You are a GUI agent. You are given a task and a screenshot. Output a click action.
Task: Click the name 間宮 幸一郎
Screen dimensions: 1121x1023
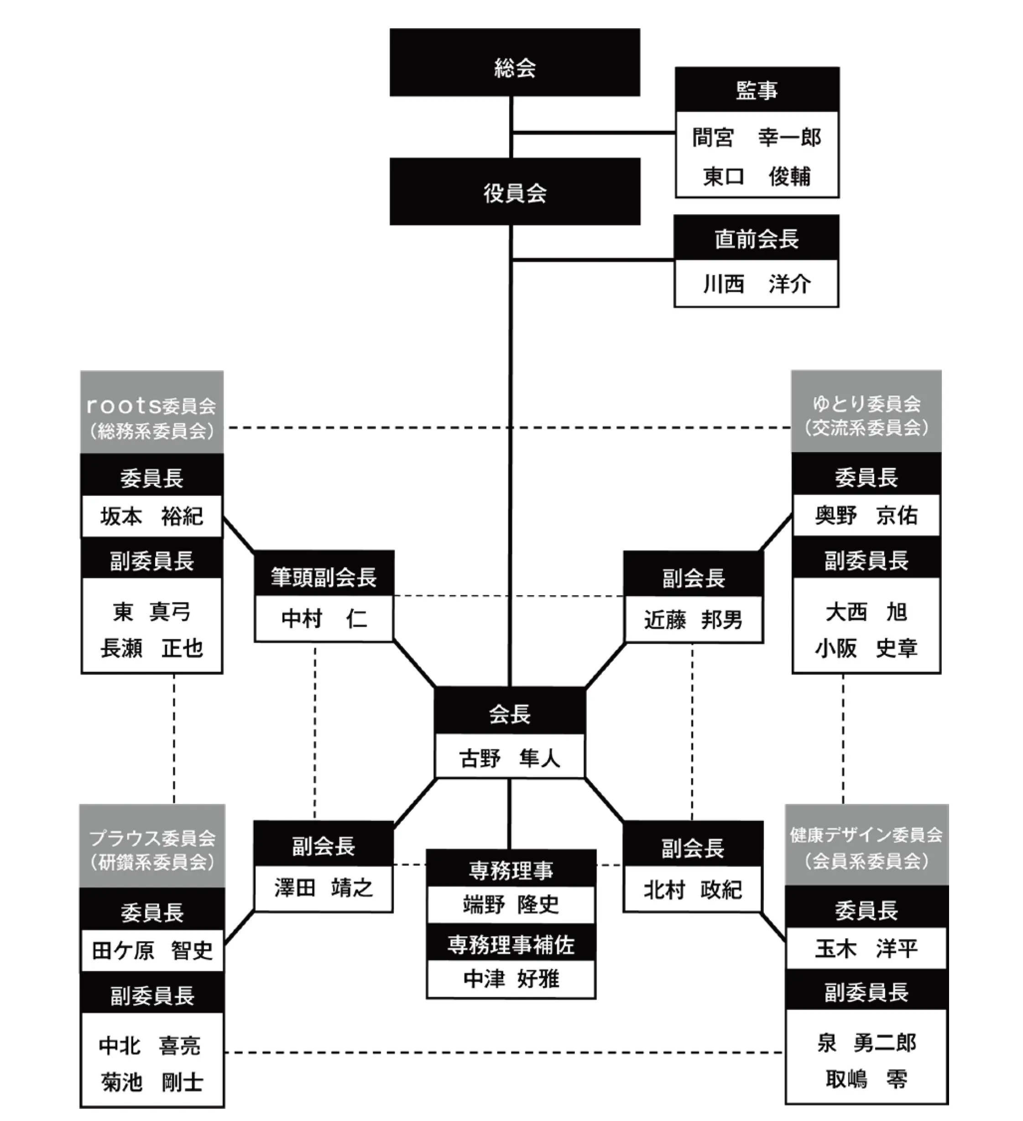[x=757, y=137]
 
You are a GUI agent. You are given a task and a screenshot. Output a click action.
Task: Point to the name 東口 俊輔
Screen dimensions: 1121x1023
[x=757, y=176]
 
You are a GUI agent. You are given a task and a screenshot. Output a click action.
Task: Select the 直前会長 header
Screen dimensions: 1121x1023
[x=756, y=239]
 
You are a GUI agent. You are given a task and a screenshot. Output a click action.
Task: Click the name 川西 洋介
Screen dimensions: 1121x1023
[x=756, y=284]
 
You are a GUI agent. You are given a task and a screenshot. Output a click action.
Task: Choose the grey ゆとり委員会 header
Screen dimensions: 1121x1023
[x=866, y=411]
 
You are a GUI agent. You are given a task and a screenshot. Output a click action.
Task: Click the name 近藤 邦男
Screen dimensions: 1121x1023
[x=693, y=619]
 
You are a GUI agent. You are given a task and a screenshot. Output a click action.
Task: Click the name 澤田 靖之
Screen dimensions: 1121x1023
[x=323, y=887]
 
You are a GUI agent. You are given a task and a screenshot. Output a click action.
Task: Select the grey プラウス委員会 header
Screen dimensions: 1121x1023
[x=152, y=846]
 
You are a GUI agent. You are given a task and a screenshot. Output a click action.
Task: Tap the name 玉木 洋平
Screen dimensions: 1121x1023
[x=866, y=949]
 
